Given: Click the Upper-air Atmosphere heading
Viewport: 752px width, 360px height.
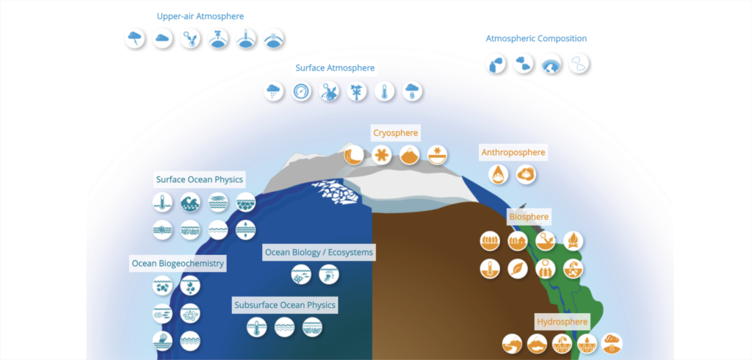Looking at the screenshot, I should point(200,16).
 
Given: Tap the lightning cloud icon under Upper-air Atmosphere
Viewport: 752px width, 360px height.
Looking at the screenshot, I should point(136,39).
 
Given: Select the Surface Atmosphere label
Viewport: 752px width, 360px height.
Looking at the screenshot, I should point(335,68).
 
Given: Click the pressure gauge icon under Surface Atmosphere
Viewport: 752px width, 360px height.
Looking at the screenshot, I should point(302,92).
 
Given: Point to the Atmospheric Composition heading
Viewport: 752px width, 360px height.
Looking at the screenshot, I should point(536,38).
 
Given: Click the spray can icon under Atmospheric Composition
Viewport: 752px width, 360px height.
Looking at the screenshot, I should point(497,65).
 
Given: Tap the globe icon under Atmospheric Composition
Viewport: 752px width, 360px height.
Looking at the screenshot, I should point(552,65).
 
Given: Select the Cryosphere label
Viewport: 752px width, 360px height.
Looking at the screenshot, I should point(395,133).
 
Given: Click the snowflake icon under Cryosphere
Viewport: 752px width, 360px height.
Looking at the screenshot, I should point(382,155).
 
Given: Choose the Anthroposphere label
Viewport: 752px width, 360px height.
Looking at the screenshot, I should point(513,153).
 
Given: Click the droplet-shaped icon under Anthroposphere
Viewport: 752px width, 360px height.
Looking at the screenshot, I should point(499,174).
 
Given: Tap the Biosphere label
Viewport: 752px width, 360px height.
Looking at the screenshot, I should point(528,217).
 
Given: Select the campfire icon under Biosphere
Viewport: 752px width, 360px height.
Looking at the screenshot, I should point(573,240).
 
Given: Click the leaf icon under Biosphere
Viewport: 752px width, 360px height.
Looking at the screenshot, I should point(518,269).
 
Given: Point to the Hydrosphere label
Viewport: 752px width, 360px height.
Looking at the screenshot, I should point(563,322).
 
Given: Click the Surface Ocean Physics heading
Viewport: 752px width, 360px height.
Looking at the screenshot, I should point(199,179).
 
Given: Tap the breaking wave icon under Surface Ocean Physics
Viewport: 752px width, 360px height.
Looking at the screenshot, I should point(189,203).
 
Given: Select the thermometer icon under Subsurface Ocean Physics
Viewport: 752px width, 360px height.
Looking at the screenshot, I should point(257,327).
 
